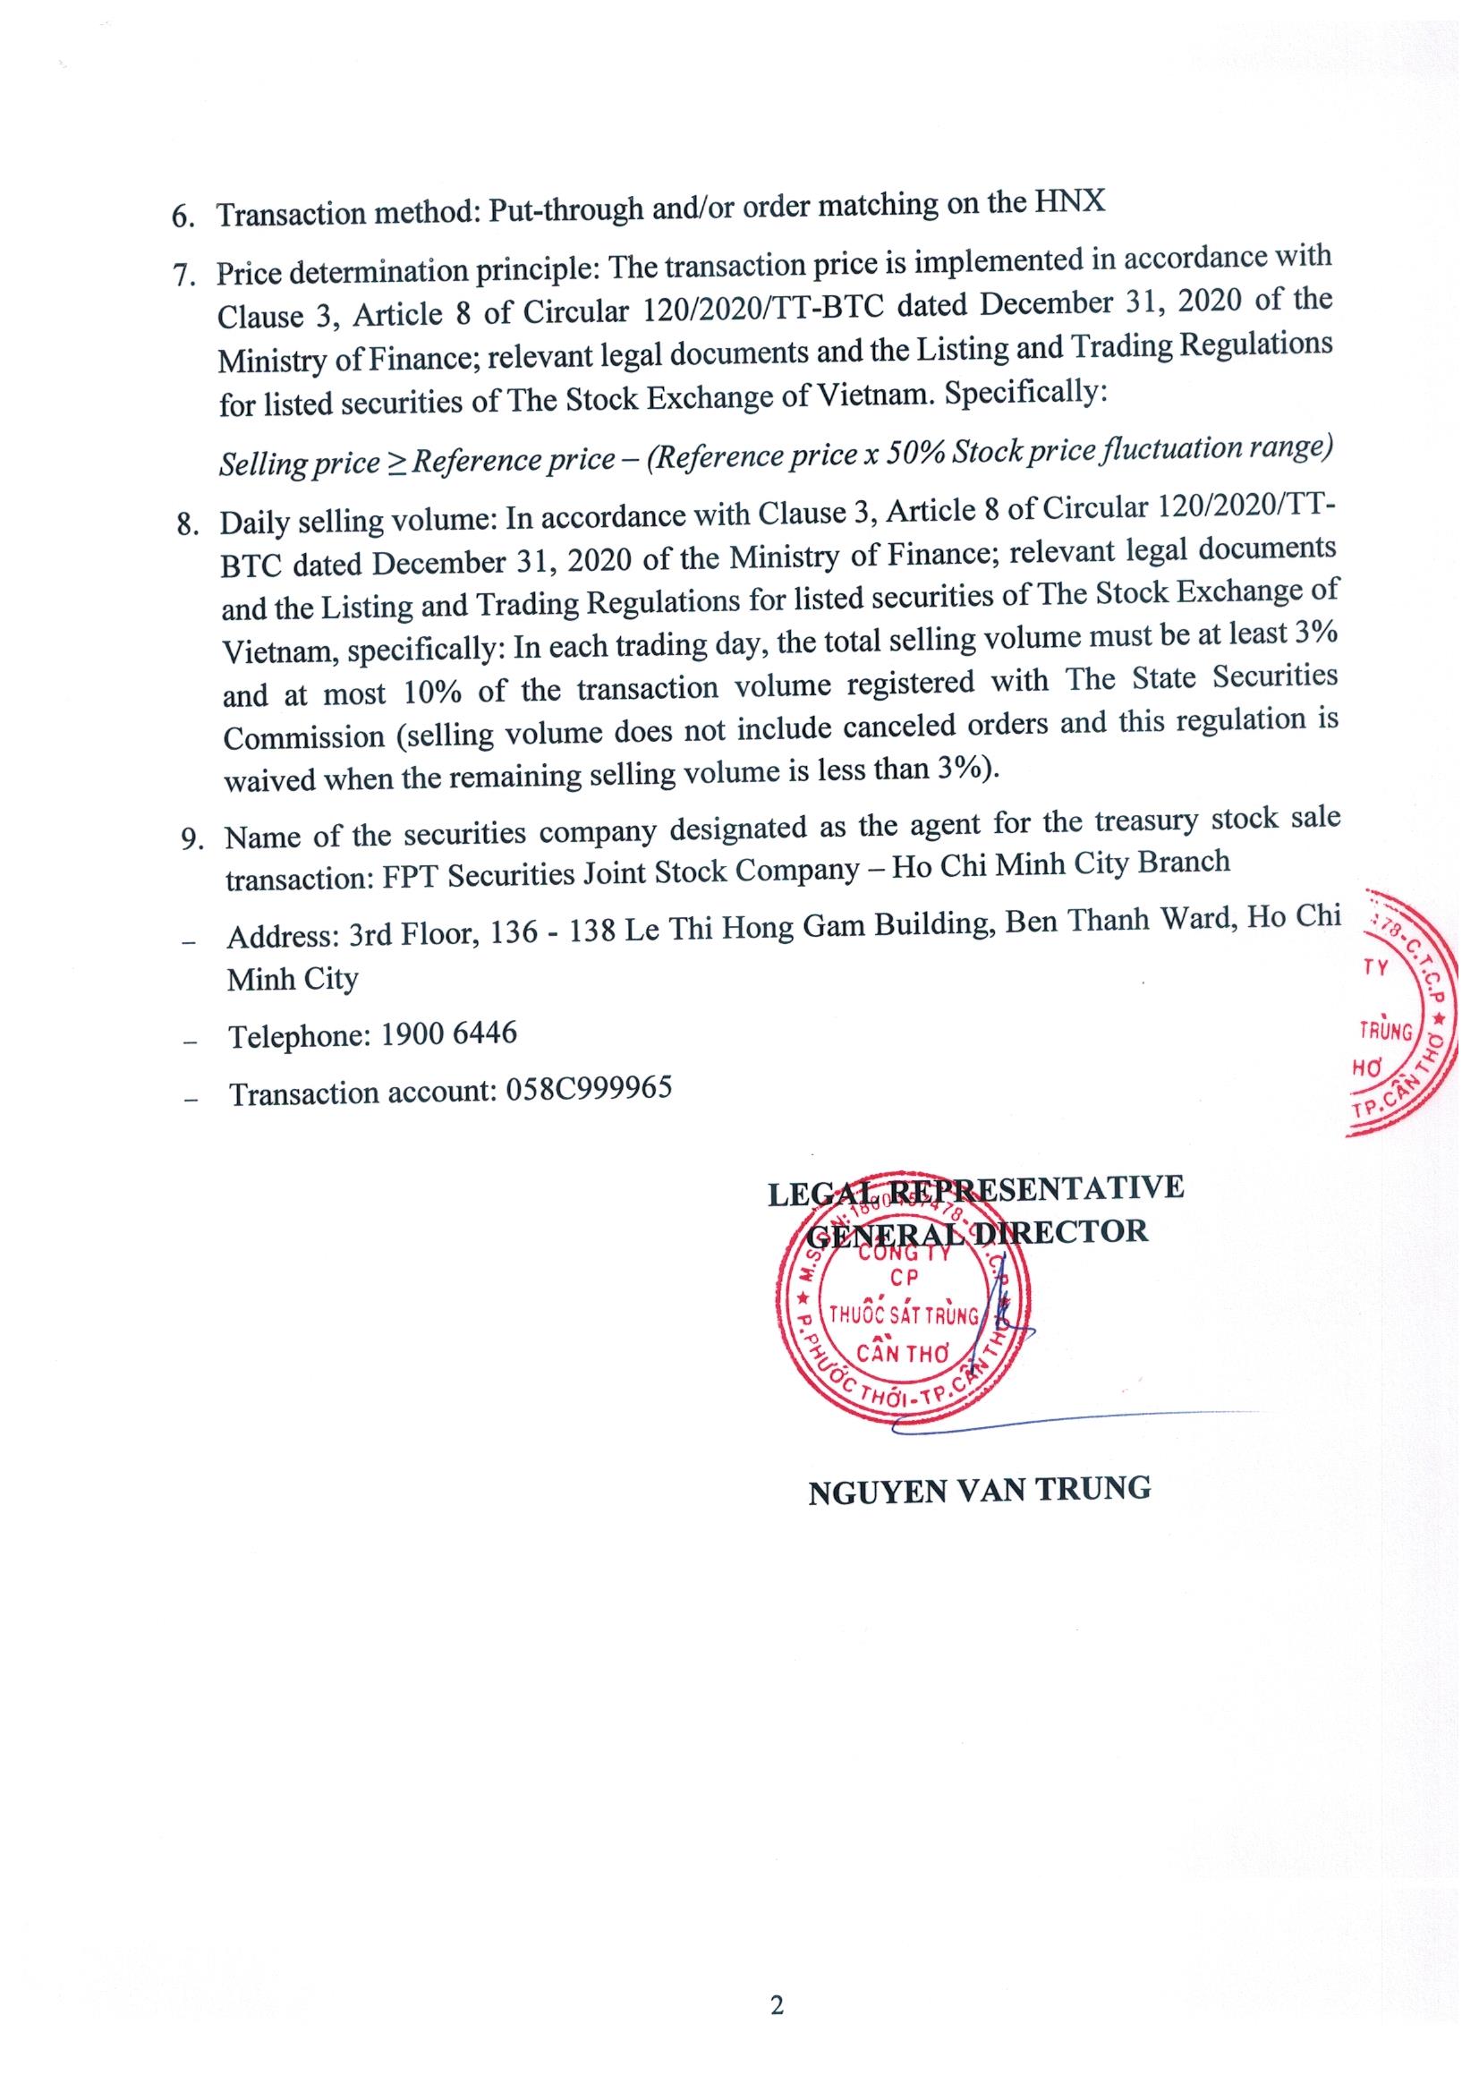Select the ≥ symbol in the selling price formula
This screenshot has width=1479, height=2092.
396,462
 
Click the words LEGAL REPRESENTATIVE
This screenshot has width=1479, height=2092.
976,1189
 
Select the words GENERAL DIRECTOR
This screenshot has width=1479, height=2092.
978,1233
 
